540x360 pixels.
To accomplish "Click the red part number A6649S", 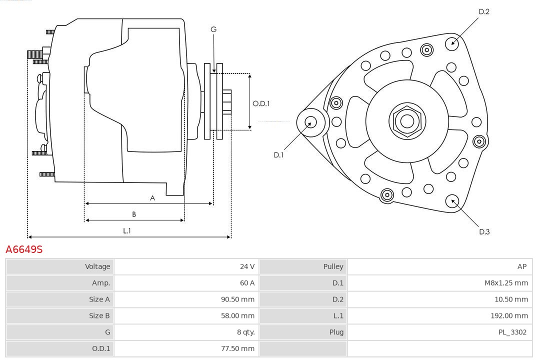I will click(24, 249).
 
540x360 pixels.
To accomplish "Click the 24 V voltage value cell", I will click(247, 266).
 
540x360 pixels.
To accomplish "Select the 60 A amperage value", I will click(247, 283).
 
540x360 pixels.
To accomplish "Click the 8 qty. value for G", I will click(243, 332).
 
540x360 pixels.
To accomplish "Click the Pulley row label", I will click(333, 266).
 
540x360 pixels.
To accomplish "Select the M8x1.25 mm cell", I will click(506, 283).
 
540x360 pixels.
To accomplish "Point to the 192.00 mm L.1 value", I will click(509, 315).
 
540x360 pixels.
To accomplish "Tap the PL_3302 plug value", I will click(512, 332).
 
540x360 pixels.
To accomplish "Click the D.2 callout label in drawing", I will click(483, 11).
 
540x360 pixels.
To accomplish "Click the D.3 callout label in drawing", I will click(484, 231).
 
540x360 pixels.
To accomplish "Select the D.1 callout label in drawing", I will click(278, 155).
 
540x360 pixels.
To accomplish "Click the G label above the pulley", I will click(213, 29).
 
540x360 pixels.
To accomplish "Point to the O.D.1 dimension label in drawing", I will click(261, 103).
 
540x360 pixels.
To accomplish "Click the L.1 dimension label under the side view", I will click(127, 230).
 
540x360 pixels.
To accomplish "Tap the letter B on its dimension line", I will click(134, 214).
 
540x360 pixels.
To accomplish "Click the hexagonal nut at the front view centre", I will click(407, 121).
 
